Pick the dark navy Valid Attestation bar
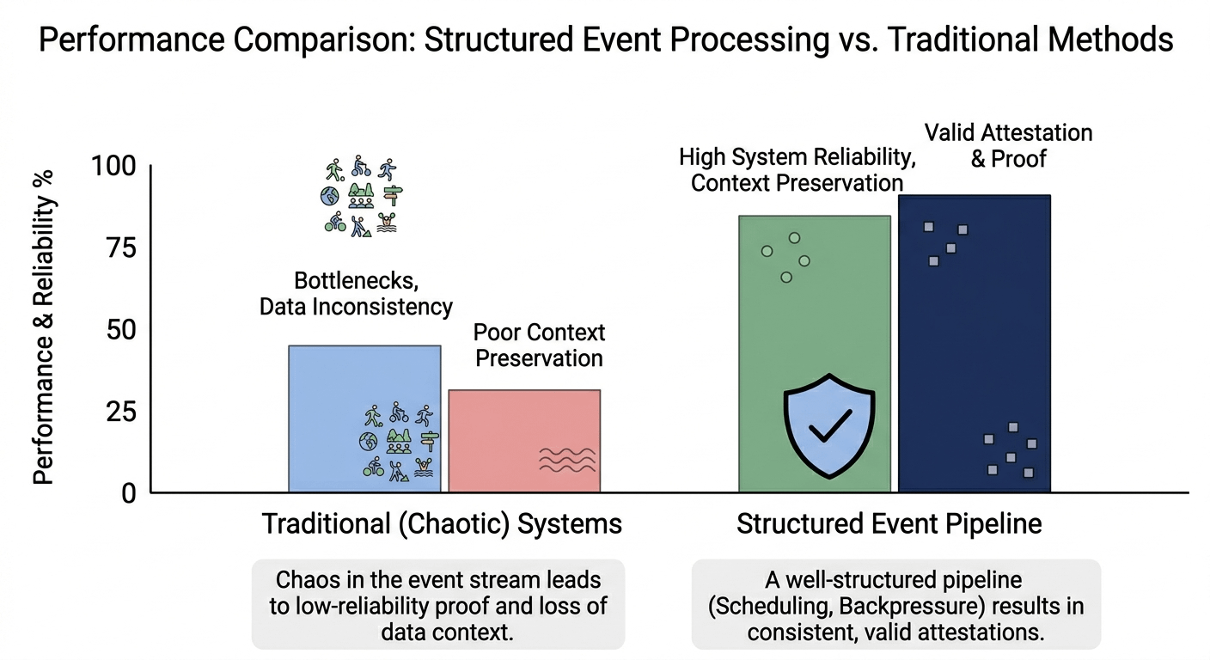(974, 344)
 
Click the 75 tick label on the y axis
(120, 248)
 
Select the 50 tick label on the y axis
(120, 330)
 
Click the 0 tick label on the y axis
(129, 492)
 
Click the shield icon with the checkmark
(829, 425)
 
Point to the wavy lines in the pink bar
(567, 460)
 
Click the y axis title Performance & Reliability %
(44, 327)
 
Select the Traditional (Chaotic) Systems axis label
(442, 524)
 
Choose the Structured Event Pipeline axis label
(889, 524)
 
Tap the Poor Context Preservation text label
(540, 345)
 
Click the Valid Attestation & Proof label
(1008, 145)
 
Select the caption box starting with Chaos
(438, 605)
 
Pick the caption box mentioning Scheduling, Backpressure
(895, 605)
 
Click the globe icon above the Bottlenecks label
(330, 197)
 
